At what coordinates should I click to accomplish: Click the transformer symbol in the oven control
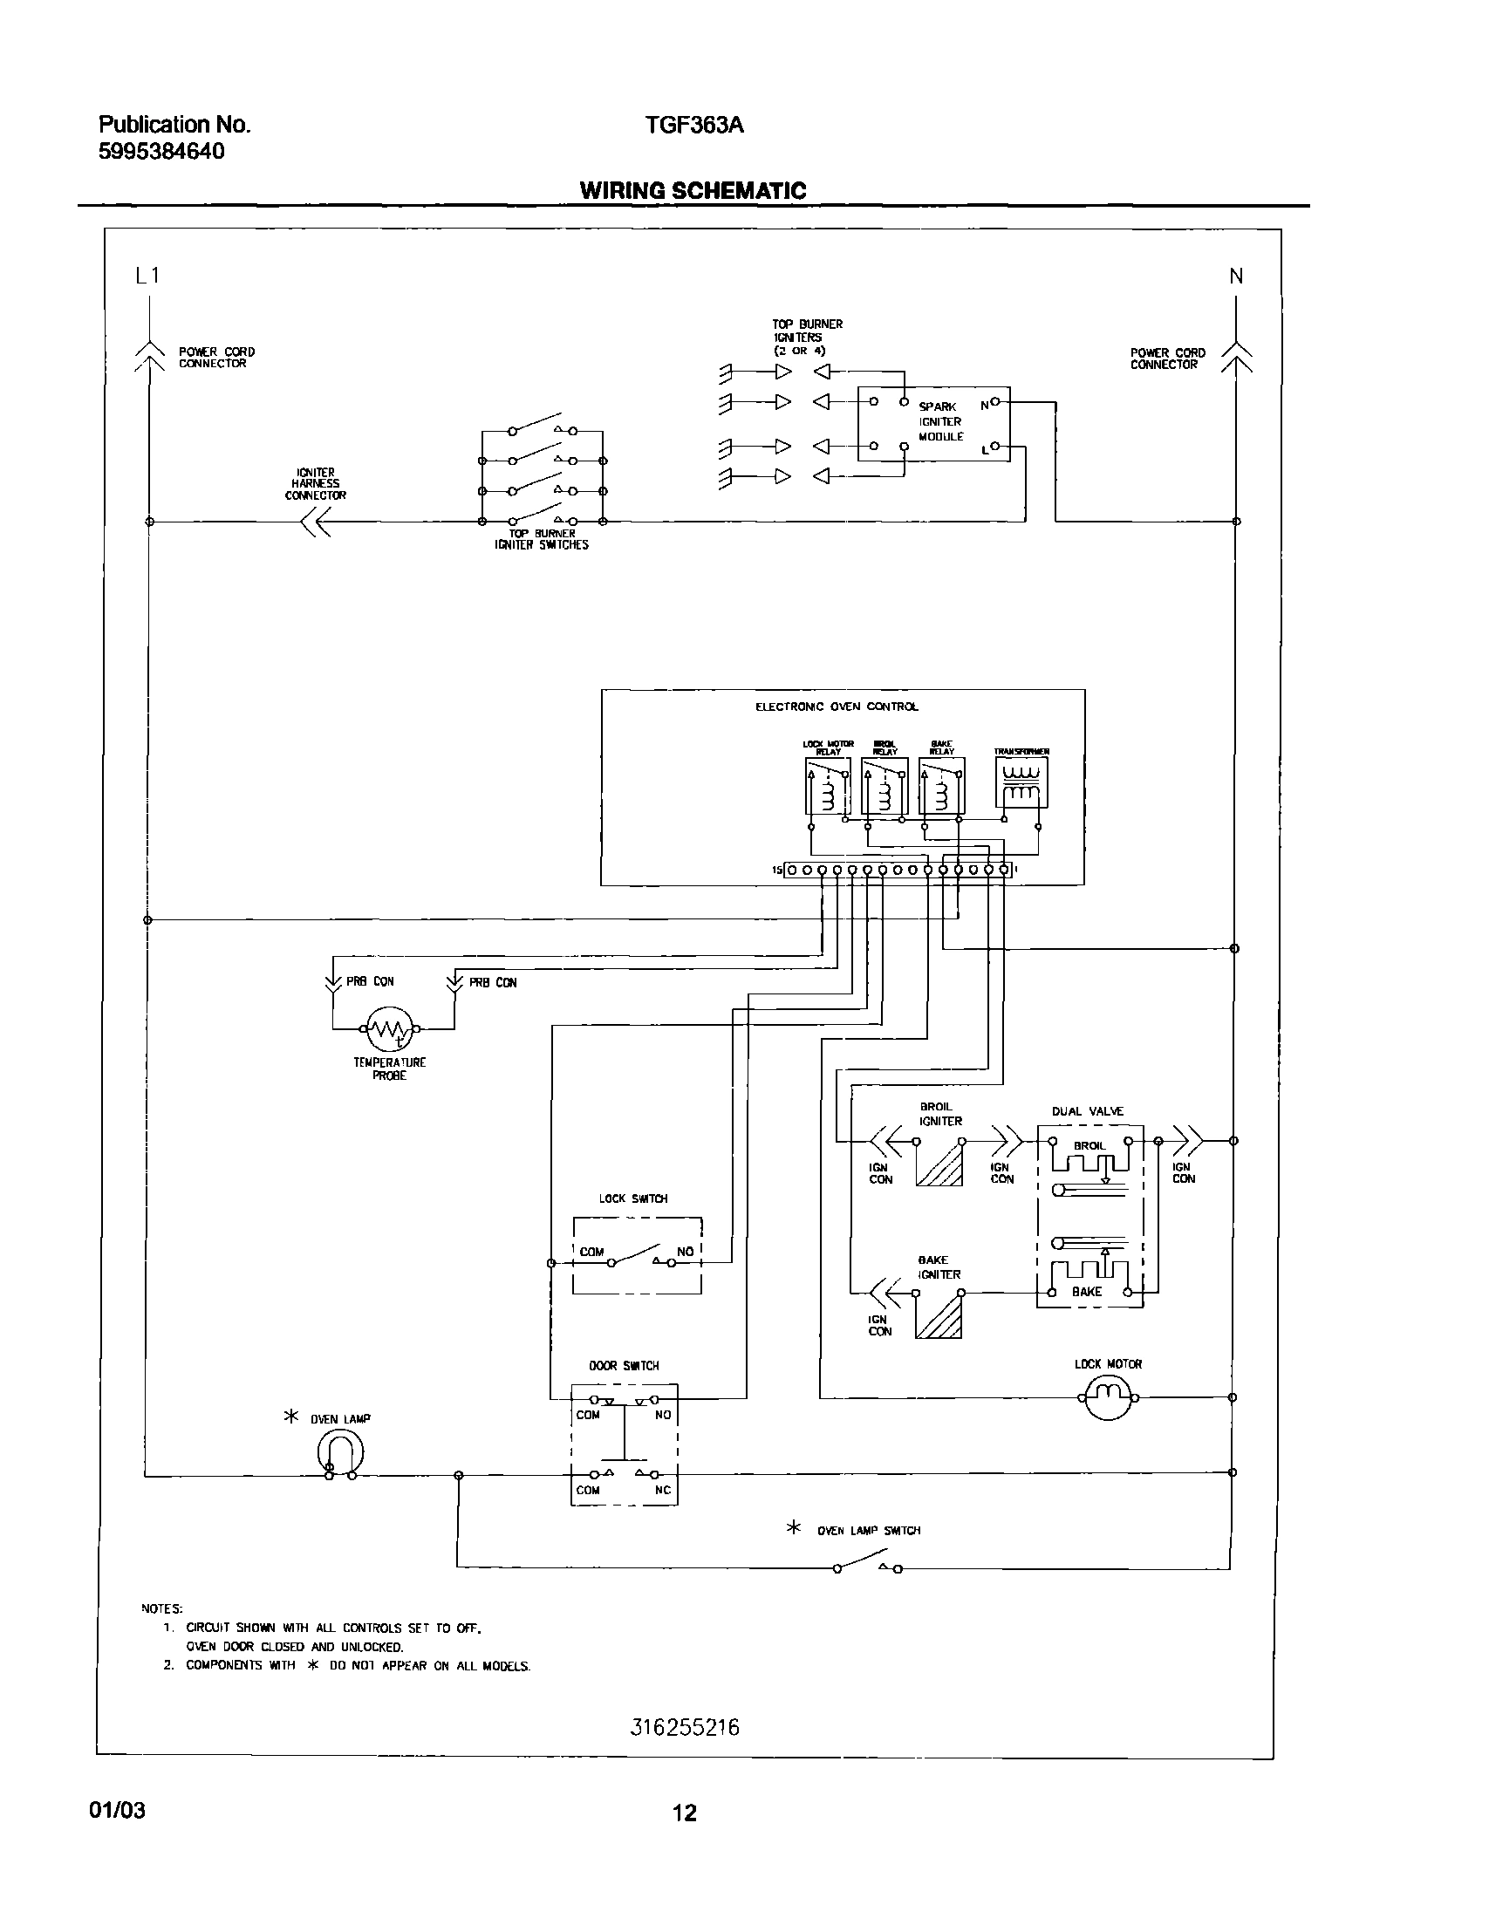1021,782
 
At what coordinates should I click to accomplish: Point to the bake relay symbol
942,785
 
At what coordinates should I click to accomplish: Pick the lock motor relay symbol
827,785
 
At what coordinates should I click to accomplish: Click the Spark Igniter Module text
940,421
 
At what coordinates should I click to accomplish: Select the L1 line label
147,276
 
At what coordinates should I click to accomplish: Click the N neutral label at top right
1236,277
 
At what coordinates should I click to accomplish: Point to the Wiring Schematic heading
693,190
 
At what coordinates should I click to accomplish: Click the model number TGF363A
693,125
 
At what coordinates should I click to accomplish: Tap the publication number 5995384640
161,152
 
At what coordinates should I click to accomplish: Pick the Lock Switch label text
633,1198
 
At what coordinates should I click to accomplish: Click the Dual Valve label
1088,1111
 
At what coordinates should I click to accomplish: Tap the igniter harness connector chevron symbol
315,522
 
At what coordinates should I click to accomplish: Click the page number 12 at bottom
685,1813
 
